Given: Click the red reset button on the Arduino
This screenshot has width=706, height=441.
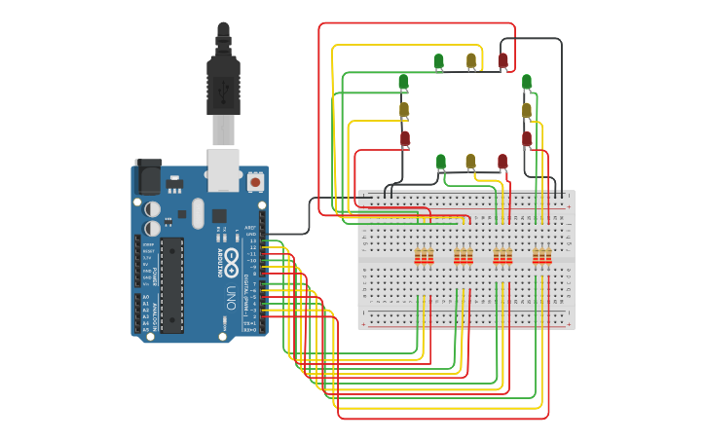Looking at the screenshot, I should click(x=255, y=181).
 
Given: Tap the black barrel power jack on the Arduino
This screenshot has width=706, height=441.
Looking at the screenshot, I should click(x=148, y=177).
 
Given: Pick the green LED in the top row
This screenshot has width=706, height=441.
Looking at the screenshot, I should click(x=438, y=62).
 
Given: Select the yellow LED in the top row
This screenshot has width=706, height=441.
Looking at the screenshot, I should click(x=471, y=61).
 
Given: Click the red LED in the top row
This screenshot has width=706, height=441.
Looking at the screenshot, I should click(x=502, y=61).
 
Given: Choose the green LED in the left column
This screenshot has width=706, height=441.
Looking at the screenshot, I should click(x=403, y=82).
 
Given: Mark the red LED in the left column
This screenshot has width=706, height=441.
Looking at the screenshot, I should click(x=405, y=138).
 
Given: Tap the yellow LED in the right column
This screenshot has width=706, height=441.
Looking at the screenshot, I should click(x=527, y=110).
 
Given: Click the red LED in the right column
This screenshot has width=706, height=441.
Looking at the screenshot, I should click(x=527, y=139).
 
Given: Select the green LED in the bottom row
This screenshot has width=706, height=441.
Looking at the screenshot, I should click(x=440, y=161).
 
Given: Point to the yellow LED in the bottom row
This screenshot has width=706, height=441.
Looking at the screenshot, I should click(x=470, y=161).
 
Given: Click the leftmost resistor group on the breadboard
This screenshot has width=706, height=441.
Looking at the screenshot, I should click(x=424, y=257).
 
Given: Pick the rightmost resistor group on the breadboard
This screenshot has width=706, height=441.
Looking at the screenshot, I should click(x=541, y=257).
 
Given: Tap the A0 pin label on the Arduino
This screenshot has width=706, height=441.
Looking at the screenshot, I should click(x=146, y=297).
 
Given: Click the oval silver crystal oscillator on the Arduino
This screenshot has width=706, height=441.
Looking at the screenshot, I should click(x=198, y=213).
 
